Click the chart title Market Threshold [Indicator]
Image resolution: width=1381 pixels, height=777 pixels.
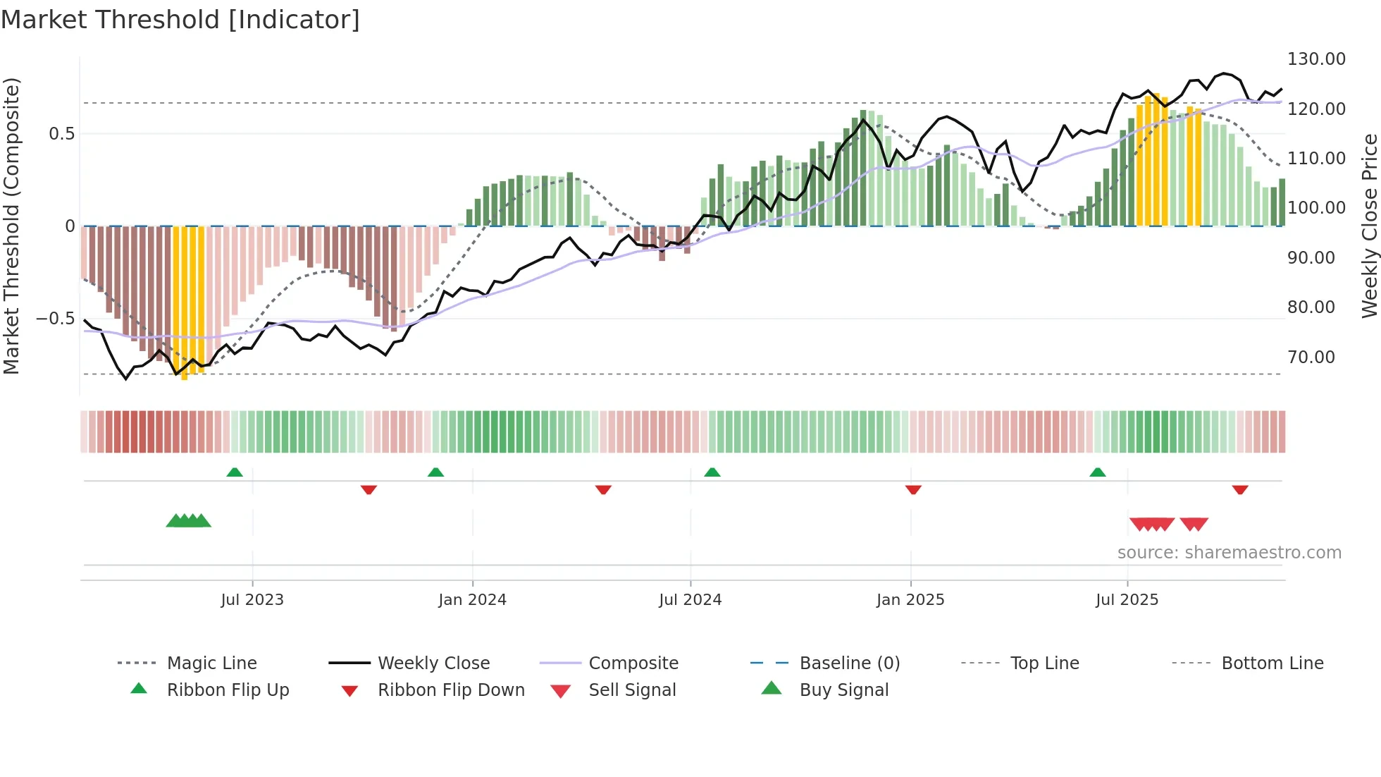(x=180, y=20)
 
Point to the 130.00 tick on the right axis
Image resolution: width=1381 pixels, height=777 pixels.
(x=1316, y=59)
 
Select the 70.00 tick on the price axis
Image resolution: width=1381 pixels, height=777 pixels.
(x=1311, y=357)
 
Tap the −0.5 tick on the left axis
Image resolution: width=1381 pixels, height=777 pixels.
(x=56, y=319)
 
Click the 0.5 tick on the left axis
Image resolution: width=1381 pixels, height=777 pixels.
(x=61, y=134)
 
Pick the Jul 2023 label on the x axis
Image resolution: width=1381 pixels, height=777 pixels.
(x=252, y=600)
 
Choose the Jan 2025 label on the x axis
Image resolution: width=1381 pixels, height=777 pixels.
(x=910, y=600)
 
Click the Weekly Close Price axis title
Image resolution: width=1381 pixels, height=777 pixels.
(x=1369, y=226)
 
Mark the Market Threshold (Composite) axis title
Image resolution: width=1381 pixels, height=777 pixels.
(x=11, y=226)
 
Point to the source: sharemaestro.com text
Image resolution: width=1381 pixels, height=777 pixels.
(x=1229, y=553)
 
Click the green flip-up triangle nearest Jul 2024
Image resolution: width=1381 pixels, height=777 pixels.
(x=712, y=472)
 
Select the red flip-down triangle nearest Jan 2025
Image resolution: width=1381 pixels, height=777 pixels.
(x=913, y=489)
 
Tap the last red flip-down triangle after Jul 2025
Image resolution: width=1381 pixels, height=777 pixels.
(x=1240, y=489)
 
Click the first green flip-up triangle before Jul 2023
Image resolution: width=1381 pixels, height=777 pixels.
(x=235, y=472)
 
